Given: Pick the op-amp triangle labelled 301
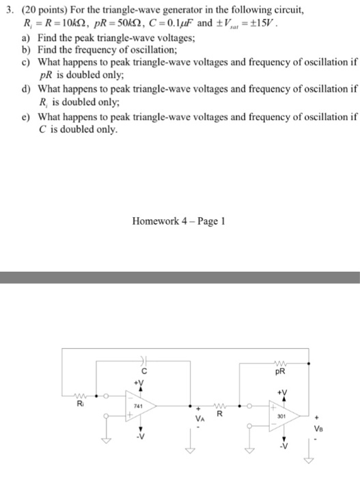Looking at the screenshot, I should [277, 415].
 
